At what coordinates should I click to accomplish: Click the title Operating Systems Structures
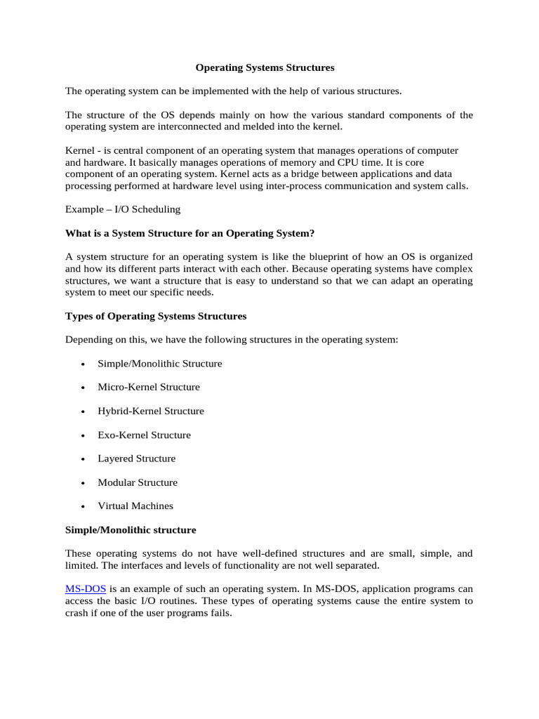tap(265, 68)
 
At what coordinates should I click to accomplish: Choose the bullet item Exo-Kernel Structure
tap(144, 435)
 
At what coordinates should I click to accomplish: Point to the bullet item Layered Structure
tap(137, 459)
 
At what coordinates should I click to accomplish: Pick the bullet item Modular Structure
tap(138, 482)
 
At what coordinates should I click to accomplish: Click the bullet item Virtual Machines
tap(135, 506)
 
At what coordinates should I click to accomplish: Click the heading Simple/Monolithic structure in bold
tap(131, 529)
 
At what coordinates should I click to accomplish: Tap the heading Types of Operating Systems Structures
tap(156, 316)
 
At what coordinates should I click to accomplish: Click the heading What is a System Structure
tap(189, 233)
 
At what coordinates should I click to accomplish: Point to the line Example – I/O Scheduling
tap(123, 209)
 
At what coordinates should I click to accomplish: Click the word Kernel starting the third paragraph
tap(80, 151)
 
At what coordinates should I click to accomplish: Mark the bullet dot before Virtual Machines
tap(84, 506)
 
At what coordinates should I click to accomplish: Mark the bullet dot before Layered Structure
tap(84, 459)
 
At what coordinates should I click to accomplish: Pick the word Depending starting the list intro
tap(88, 340)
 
